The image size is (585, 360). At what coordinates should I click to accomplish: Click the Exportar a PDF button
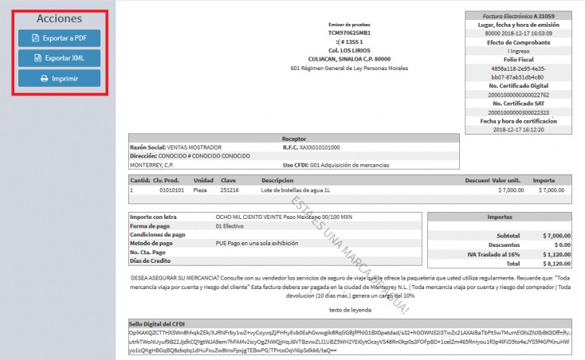coord(60,37)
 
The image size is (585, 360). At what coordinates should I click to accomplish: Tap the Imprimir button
coord(60,79)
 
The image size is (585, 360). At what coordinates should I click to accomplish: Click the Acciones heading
coord(59,18)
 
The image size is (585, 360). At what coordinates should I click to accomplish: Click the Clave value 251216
coord(230,190)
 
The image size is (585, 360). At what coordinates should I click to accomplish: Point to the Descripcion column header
coord(277,180)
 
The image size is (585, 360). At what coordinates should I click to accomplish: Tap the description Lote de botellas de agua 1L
coord(297,190)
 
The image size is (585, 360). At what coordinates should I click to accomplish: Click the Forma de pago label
coord(151,225)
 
